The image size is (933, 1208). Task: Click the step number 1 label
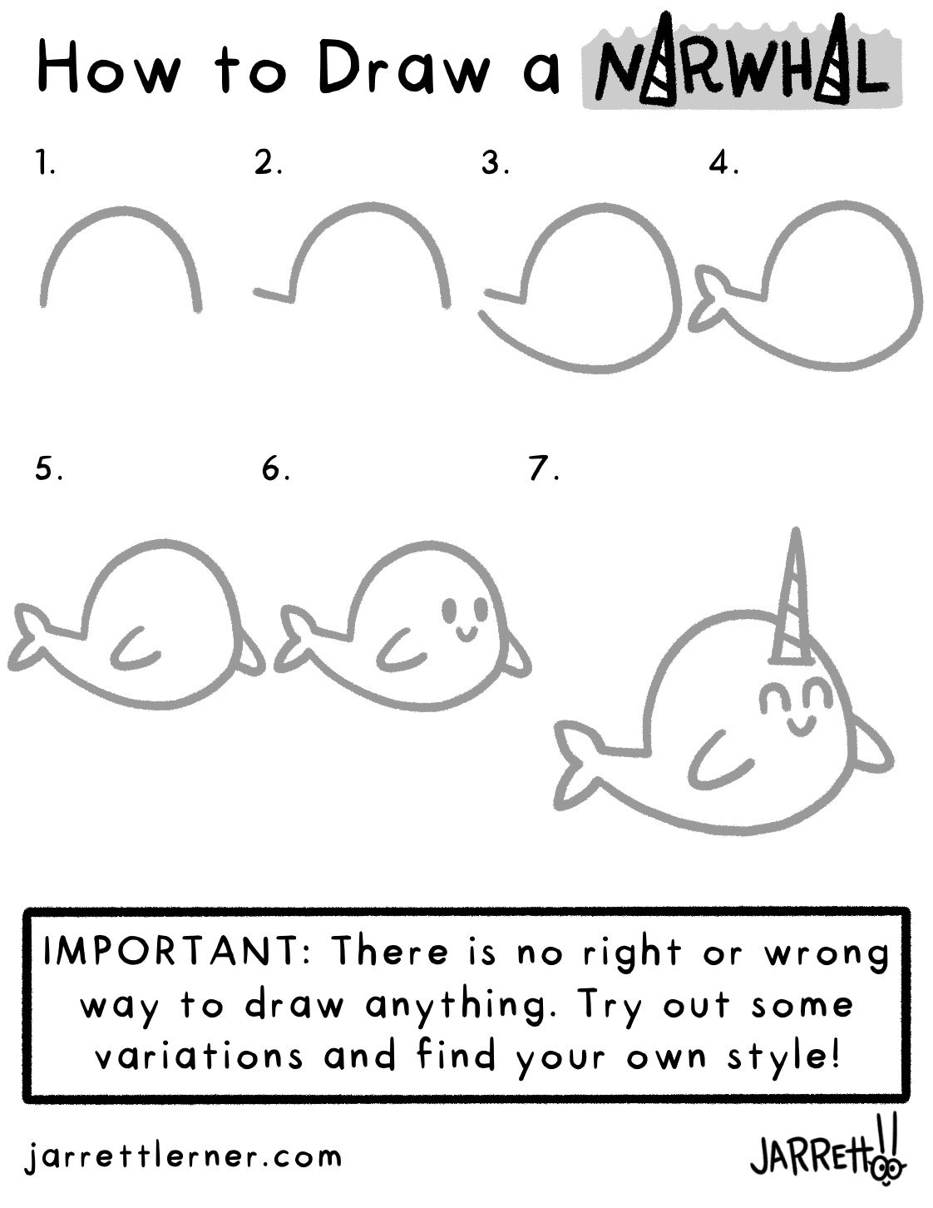(46, 163)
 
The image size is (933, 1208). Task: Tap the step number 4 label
(723, 163)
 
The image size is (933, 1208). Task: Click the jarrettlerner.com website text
(183, 1156)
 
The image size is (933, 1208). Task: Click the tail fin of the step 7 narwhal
(578, 765)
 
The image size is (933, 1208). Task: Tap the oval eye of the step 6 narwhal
(449, 610)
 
